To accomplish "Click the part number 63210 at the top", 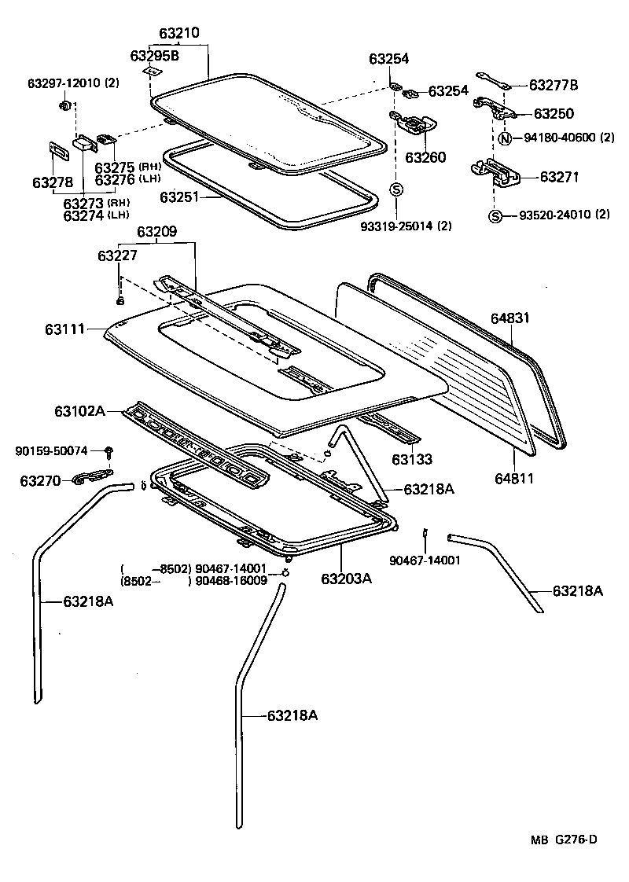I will [179, 34].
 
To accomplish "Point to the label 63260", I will [425, 158].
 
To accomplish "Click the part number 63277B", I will [553, 85].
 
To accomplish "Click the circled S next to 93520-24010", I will [495, 215].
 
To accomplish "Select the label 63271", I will [559, 178].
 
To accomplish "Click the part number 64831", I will [511, 318].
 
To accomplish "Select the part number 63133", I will [414, 458].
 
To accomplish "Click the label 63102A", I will [79, 410].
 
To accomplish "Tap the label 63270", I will [40, 480].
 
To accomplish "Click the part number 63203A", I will [346, 579].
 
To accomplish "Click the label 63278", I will [53, 182].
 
